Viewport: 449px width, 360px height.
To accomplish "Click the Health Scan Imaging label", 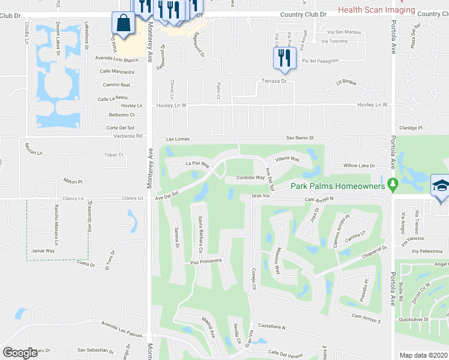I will point(376,10).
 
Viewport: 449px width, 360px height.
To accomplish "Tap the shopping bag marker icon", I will point(123,24).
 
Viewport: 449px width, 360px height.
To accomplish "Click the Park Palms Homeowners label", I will point(337,186).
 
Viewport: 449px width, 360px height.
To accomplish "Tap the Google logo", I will point(20,353).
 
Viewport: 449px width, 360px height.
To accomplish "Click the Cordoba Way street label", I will point(250,178).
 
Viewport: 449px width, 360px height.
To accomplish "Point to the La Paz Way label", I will point(197,164).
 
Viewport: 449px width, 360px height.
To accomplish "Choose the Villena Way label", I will point(287,160).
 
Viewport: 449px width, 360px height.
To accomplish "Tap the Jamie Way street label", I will point(43,251).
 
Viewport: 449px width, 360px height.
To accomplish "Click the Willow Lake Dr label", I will point(358,166).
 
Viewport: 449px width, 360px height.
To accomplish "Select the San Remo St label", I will point(300,138).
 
